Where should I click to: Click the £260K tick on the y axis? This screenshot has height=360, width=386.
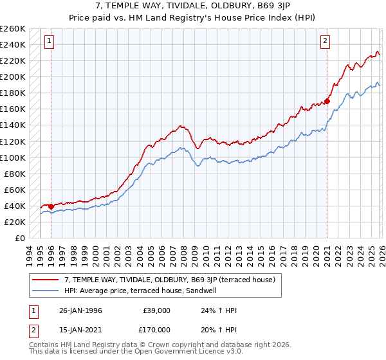click(13, 29)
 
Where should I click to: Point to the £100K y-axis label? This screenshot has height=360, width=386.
click(13, 157)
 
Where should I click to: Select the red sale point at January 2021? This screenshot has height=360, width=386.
click(327, 101)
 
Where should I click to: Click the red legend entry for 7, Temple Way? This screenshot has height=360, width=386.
click(170, 280)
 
